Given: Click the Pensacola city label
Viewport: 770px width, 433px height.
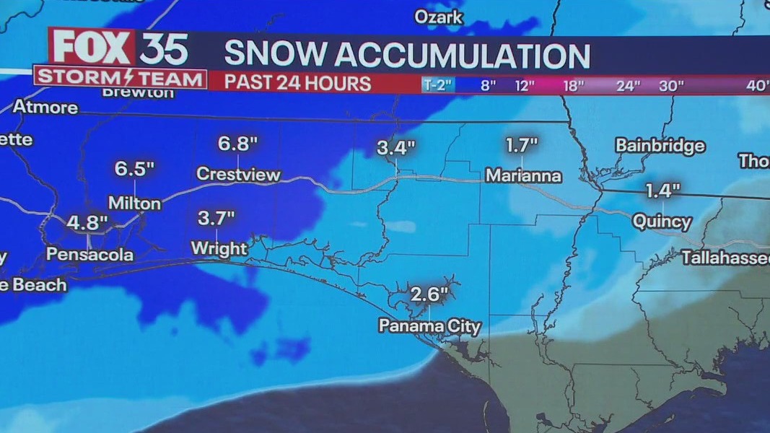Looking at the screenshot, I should click(x=89, y=255).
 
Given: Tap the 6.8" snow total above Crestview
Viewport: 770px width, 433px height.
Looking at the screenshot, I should click(x=238, y=144).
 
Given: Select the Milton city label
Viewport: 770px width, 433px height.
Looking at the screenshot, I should click(x=134, y=204).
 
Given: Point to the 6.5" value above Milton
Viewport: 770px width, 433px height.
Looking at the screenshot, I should click(x=135, y=169).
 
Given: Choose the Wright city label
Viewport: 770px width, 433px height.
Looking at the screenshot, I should click(x=219, y=249).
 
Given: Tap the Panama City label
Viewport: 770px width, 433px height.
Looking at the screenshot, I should click(x=429, y=326).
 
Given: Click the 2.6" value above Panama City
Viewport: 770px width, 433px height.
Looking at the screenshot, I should click(x=429, y=294).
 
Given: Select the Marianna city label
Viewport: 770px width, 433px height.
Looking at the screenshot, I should click(x=523, y=175).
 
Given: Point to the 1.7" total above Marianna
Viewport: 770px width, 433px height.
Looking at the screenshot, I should click(x=522, y=145).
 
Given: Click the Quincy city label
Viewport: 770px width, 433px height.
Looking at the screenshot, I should click(x=662, y=222).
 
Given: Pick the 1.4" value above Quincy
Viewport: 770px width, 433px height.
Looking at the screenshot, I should click(x=662, y=191).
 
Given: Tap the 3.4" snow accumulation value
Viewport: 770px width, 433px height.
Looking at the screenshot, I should click(x=396, y=149).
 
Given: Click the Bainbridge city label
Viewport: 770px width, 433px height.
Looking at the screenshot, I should click(x=660, y=146).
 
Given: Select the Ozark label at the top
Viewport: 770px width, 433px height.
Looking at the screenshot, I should click(x=438, y=17).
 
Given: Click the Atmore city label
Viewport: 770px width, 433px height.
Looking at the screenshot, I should click(x=45, y=107).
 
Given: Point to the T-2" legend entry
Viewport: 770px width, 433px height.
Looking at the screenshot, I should click(x=437, y=85).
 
